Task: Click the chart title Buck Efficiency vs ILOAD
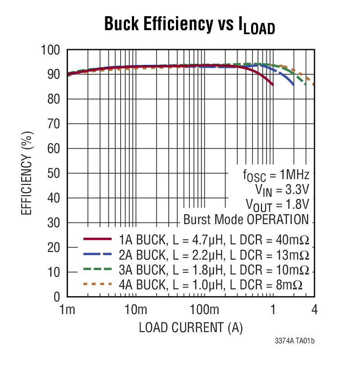click(189, 25)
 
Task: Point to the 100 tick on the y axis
click(50, 49)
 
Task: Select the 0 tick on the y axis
click(57, 297)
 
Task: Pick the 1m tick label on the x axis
click(67, 310)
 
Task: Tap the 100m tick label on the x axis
click(204, 310)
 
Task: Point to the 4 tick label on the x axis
click(314, 310)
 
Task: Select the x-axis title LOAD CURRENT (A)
click(191, 328)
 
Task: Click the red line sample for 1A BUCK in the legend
click(97, 238)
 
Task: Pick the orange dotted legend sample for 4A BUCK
click(97, 284)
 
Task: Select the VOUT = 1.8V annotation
click(278, 205)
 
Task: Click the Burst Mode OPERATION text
click(246, 220)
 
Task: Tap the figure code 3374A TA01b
click(294, 341)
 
